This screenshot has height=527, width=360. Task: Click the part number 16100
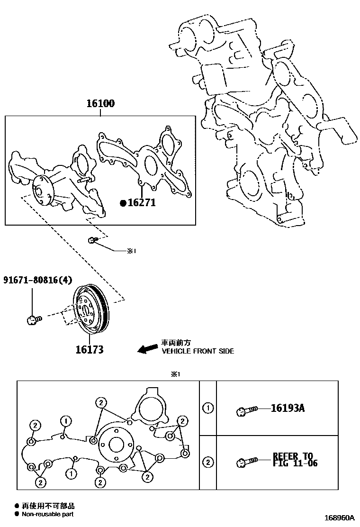coord(100,104)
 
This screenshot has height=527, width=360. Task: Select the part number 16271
coord(141,203)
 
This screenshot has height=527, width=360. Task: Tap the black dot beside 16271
coord(123,203)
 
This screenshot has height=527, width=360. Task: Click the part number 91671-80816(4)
coord(38,280)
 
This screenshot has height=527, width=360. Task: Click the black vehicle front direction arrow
coord(147,349)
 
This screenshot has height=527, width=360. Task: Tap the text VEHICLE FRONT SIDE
coord(198,351)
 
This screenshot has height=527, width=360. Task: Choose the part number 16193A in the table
coord(288,408)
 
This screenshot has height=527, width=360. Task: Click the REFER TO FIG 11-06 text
coord(295,460)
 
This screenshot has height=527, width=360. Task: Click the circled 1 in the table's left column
coord(207,408)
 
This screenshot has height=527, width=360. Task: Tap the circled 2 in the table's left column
coord(207,461)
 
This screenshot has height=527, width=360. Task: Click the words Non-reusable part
coord(47,514)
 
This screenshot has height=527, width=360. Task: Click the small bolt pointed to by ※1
coord(92,241)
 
